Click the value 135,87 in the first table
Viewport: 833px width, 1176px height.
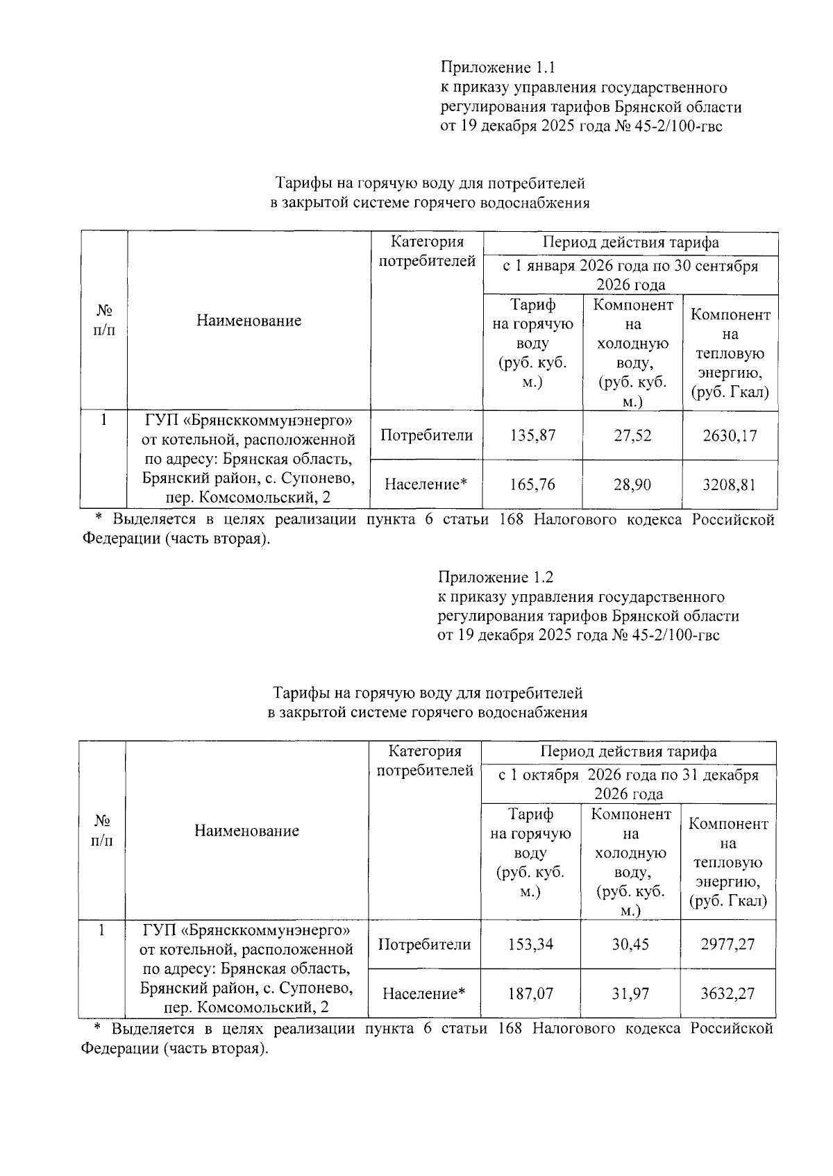pyautogui.click(x=532, y=435)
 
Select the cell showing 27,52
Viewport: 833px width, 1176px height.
pyautogui.click(x=632, y=435)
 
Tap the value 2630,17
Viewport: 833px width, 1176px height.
pyautogui.click(x=730, y=435)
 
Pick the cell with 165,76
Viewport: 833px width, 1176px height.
pyautogui.click(x=532, y=485)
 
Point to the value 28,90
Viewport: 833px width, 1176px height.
pyautogui.click(x=632, y=485)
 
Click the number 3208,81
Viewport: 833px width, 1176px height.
pyautogui.click(x=730, y=485)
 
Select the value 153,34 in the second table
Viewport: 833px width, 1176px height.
pyautogui.click(x=530, y=944)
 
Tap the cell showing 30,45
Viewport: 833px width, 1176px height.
pyautogui.click(x=630, y=944)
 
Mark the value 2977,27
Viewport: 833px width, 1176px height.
pyautogui.click(x=727, y=944)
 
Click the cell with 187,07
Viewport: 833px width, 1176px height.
pyautogui.click(x=530, y=993)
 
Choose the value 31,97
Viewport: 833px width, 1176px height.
pyautogui.click(x=630, y=993)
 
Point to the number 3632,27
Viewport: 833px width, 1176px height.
pyautogui.click(x=727, y=993)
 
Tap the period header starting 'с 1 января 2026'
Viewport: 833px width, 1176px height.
pyautogui.click(x=630, y=275)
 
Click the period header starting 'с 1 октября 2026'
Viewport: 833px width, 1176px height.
pyautogui.click(x=628, y=784)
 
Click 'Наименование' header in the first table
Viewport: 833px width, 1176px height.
pyautogui.click(x=249, y=320)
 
